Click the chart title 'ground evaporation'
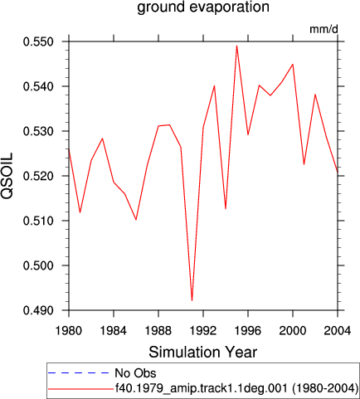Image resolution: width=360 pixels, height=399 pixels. (203, 7)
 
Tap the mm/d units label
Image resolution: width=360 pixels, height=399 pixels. (324, 29)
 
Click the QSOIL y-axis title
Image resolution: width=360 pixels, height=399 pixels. (7, 175)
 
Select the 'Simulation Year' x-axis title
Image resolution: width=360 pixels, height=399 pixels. (203, 353)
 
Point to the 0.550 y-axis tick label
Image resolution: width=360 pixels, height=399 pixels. (38, 42)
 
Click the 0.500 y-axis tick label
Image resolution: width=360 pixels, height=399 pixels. (38, 265)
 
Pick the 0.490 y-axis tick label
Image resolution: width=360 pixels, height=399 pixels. (38, 310)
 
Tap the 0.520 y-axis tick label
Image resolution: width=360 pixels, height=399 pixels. (38, 176)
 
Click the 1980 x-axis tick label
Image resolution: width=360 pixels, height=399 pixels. (69, 331)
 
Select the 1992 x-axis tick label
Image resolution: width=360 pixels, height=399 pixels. (203, 331)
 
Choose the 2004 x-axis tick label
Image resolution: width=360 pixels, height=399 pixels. (338, 331)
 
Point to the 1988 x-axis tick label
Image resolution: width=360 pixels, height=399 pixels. (158, 331)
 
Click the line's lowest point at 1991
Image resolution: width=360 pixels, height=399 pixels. (192, 300)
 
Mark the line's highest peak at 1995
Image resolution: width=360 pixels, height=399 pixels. (236, 46)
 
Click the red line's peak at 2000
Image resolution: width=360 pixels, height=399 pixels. (293, 64)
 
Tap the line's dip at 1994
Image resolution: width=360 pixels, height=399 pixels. (226, 208)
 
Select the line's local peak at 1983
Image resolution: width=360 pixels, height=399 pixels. (102, 139)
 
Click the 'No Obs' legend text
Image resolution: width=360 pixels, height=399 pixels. (135, 373)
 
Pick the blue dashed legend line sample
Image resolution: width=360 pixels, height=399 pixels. (79, 373)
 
